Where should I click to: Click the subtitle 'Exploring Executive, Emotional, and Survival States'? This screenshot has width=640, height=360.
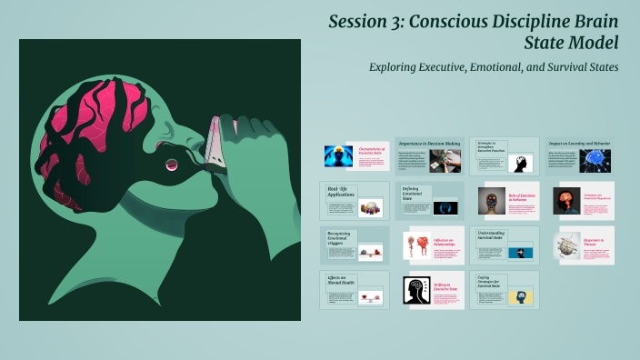point(494,67)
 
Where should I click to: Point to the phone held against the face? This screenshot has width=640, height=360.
point(212,140)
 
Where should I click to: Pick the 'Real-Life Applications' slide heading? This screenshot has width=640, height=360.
point(342,192)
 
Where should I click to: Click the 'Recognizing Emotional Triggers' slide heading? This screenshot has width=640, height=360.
point(340,238)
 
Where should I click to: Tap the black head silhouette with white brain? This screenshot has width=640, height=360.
point(417,290)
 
